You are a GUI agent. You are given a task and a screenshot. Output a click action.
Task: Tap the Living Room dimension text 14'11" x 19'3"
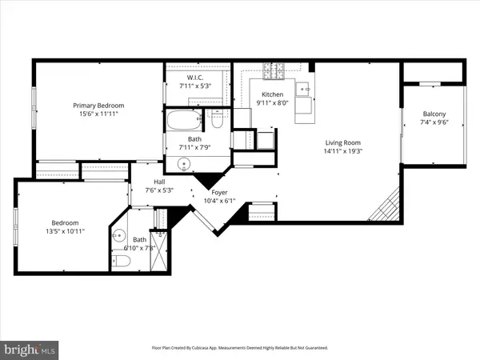click(x=347, y=150)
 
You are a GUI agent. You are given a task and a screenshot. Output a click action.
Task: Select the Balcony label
click(x=434, y=114)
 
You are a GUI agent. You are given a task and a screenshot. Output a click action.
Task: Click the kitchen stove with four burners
click(x=274, y=70)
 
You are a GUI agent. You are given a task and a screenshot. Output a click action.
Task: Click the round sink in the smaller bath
click(x=120, y=236)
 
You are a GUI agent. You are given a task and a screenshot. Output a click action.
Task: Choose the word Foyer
click(x=219, y=192)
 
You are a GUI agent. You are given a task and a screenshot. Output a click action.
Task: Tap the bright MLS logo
click(x=30, y=349)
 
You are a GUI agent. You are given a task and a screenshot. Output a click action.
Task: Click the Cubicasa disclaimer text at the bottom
click(x=239, y=348)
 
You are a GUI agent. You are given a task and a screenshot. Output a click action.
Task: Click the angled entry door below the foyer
click(x=211, y=224)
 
